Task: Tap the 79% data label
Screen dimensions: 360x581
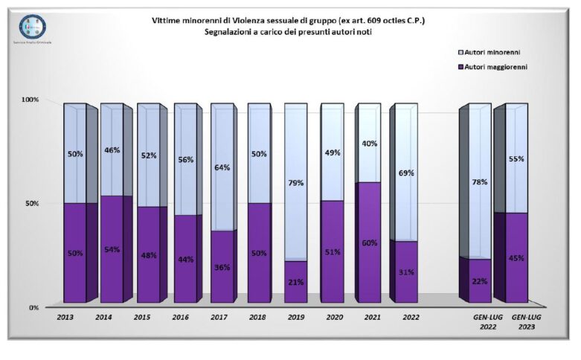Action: pyautogui.click(x=296, y=182)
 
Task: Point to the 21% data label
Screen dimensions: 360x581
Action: pyautogui.click(x=296, y=281)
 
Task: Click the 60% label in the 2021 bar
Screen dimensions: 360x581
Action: pyautogui.click(x=369, y=242)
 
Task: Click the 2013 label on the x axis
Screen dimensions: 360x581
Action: pyautogui.click(x=65, y=317)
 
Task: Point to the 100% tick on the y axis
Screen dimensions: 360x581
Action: pyautogui.click(x=30, y=100)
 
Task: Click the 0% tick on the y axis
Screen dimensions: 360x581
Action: pyautogui.click(x=33, y=307)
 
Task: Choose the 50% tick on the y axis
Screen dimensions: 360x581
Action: pyautogui.click(x=31, y=203)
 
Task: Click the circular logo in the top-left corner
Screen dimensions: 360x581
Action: pyautogui.click(x=33, y=28)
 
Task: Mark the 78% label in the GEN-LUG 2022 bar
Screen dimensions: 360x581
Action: pyautogui.click(x=480, y=180)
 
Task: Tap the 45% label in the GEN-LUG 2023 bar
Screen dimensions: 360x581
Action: pyautogui.click(x=516, y=258)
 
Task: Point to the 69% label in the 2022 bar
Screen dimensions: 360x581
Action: pyautogui.click(x=406, y=173)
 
